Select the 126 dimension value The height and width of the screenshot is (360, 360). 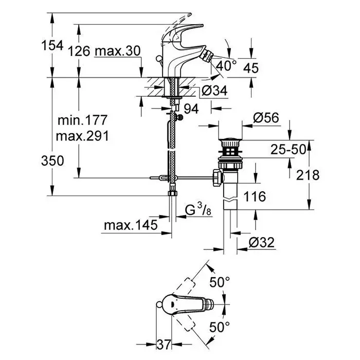click(x=79, y=51)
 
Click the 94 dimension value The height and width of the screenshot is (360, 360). click(x=191, y=109)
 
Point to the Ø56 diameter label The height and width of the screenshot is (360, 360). click(x=266, y=118)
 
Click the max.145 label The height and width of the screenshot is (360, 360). click(x=128, y=225)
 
